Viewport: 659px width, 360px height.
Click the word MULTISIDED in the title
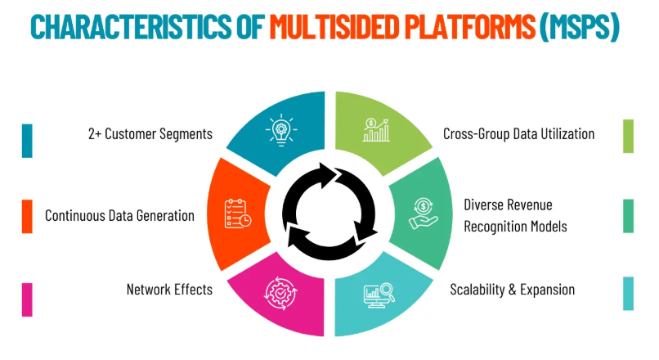click(x=334, y=26)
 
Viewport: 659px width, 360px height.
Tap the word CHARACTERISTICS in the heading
click(x=131, y=26)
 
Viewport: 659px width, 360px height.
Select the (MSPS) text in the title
click(x=580, y=27)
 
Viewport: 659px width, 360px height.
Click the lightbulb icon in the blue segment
click(x=281, y=129)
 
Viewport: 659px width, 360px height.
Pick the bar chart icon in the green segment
click(x=376, y=129)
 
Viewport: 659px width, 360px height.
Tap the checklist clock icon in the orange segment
click(x=238, y=214)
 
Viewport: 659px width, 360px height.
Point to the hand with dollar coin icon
click(x=424, y=214)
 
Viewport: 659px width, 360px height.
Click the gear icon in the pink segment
click(x=280, y=293)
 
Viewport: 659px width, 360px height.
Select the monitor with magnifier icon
click(x=379, y=295)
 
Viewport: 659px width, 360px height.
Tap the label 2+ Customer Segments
click(x=150, y=133)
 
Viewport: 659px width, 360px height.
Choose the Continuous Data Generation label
click(x=119, y=216)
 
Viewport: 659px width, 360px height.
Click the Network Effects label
click(x=169, y=290)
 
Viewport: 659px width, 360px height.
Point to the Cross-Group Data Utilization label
click(x=518, y=133)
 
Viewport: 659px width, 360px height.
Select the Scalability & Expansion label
click(x=513, y=290)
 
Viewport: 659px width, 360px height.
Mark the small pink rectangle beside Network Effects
click(x=27, y=299)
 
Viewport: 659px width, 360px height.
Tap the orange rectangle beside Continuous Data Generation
click(x=27, y=216)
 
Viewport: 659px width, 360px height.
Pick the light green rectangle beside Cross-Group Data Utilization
click(x=628, y=137)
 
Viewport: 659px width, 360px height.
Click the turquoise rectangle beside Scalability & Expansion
click(x=628, y=294)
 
